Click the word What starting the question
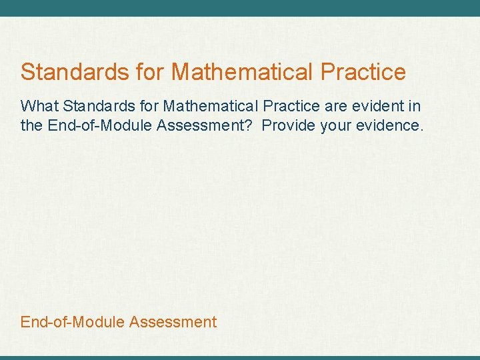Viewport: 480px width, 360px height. pyautogui.click(x=39, y=106)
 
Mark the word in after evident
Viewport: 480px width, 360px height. pyautogui.click(x=415, y=106)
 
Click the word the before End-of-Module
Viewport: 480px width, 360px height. pyautogui.click(x=31, y=125)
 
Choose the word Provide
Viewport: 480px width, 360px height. pyautogui.click(x=289, y=125)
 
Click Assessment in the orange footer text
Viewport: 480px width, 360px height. pyautogui.click(x=173, y=322)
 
